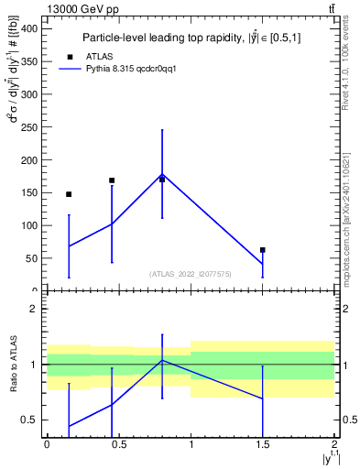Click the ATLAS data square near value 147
click(x=69, y=194)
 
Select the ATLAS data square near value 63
click(x=263, y=249)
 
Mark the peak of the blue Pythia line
click(x=162, y=174)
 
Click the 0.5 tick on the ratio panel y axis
click(x=29, y=420)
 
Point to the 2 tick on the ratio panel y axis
click(x=34, y=309)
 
